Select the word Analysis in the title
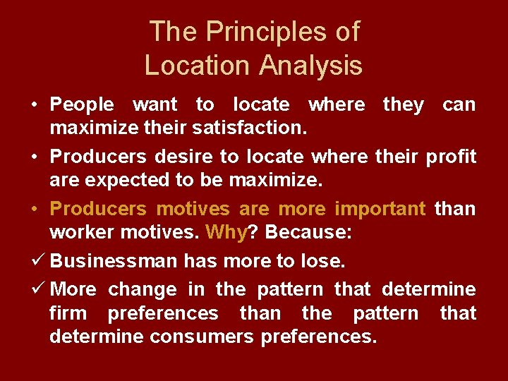coord(310,66)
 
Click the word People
coord(82,105)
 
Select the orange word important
coord(380,210)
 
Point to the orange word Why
coord(224,233)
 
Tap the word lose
coord(322,262)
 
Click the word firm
coord(68,313)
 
